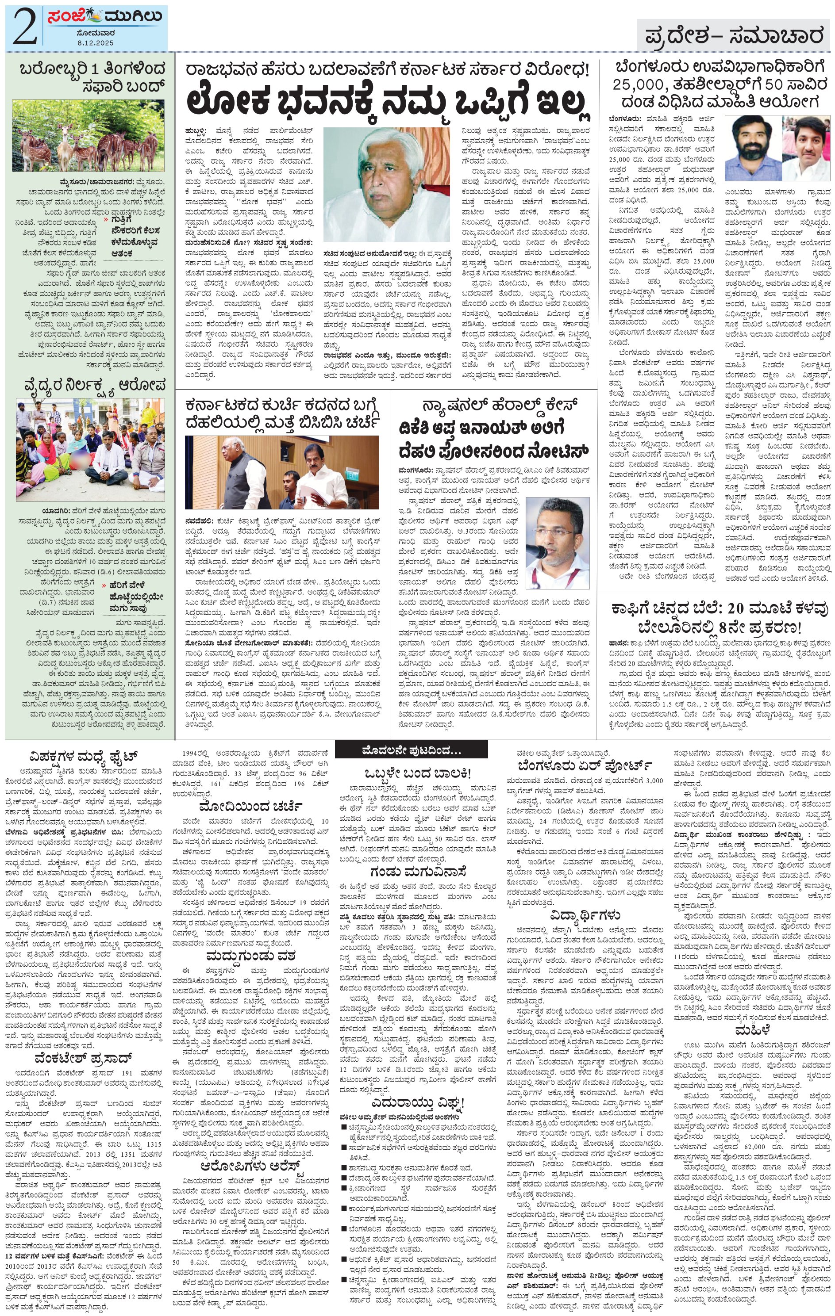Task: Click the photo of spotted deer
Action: coord(88,135)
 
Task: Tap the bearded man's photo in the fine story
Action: coord(751,144)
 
